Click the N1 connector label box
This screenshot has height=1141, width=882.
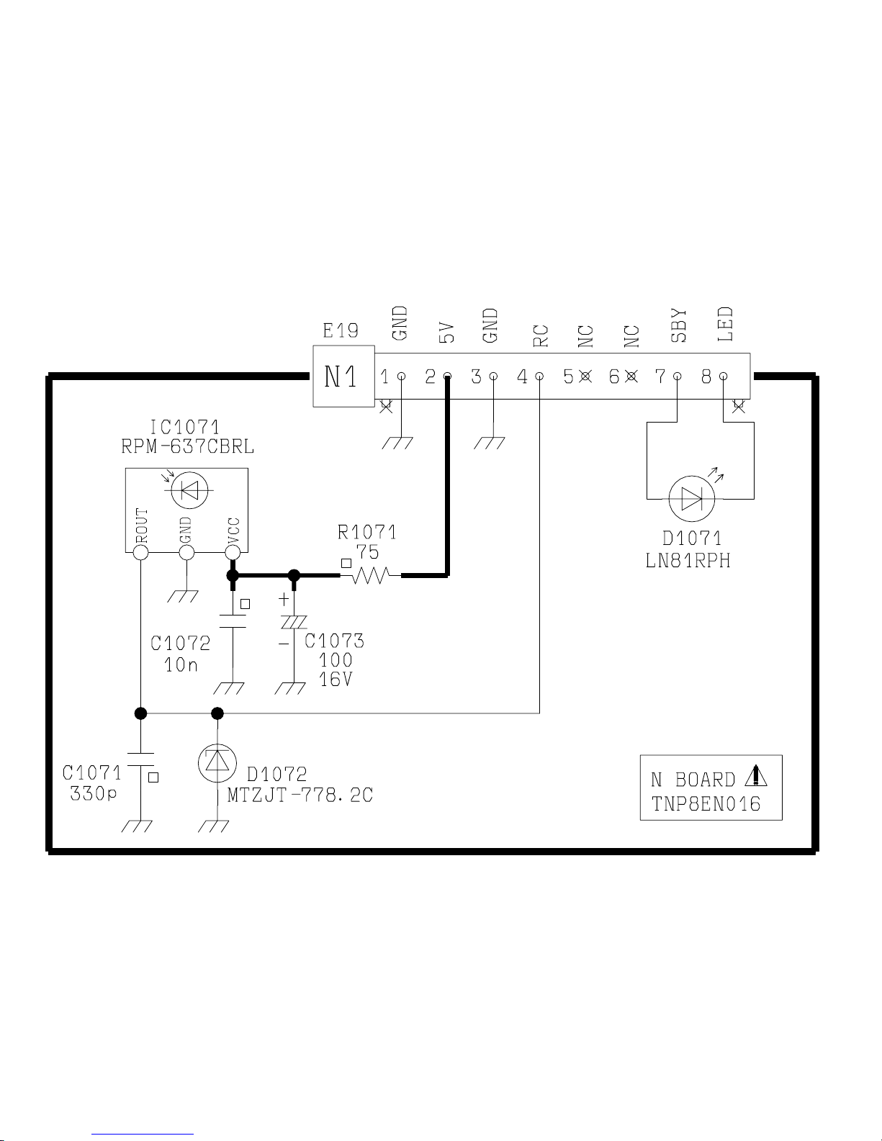(x=343, y=376)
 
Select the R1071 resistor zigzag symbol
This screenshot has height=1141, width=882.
(x=370, y=575)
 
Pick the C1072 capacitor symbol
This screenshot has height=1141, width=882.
(x=233, y=621)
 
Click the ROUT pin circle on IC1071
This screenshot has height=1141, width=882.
(x=141, y=552)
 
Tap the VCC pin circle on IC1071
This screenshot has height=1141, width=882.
(x=233, y=552)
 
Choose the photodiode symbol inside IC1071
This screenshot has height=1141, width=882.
(x=188, y=490)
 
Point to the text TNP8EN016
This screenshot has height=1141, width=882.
(x=706, y=803)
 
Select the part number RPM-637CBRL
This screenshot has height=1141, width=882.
(x=187, y=447)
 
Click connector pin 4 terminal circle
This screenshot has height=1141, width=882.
(x=539, y=376)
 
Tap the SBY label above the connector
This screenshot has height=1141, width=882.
(x=678, y=325)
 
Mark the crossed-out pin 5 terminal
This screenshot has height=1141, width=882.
(x=585, y=376)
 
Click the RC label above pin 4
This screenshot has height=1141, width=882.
(x=541, y=335)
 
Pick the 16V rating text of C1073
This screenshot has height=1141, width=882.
(x=335, y=679)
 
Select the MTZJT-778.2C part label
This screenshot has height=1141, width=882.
(x=300, y=795)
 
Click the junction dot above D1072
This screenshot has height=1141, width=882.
(x=217, y=713)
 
